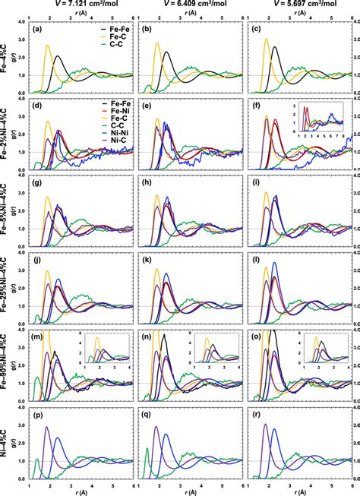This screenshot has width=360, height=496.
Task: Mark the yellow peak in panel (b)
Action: (x=157, y=43)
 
